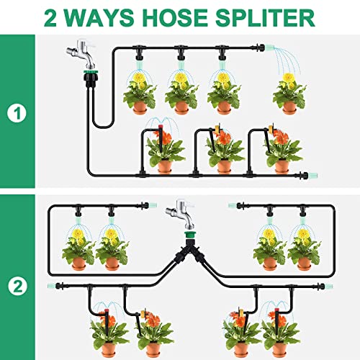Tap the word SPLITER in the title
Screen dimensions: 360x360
pos(265,17)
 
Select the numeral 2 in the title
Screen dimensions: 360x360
pos(50,18)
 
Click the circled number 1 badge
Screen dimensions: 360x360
pos(17,114)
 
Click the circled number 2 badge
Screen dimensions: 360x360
pos(17,286)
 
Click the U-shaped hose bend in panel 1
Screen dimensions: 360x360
pos(103,125)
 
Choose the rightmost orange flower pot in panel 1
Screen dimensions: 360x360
pos(282,166)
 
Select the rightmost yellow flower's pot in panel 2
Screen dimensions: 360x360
pos(304,264)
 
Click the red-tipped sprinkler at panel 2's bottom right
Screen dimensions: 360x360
pos(276,320)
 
